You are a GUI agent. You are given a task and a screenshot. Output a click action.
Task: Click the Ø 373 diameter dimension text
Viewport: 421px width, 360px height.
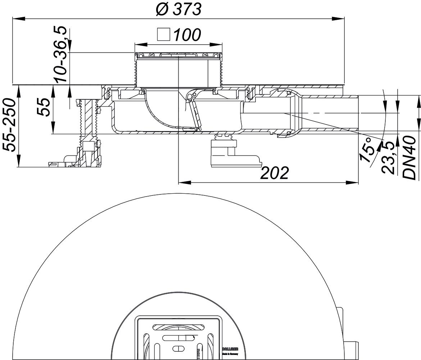click(x=178, y=9)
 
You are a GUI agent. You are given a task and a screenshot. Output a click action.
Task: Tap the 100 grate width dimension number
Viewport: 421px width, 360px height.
click(x=187, y=35)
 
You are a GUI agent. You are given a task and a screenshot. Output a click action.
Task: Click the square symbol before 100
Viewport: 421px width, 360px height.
click(x=163, y=35)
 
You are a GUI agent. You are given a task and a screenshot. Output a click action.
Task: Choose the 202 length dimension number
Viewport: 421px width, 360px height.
click(x=275, y=173)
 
